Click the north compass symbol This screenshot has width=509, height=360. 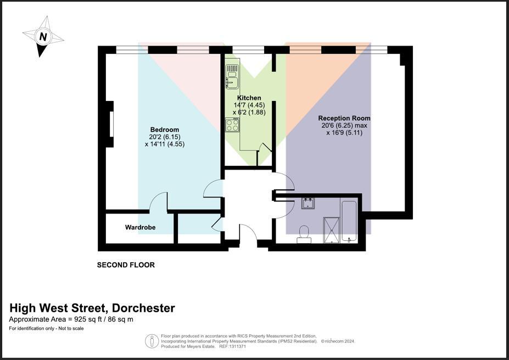[x=43, y=37]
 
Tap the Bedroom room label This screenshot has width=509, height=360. [x=164, y=130]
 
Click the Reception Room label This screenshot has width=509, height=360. [x=344, y=118]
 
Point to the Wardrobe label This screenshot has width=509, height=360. [x=140, y=227]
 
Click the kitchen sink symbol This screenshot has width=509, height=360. [x=231, y=76]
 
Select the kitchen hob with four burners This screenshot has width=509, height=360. [x=232, y=125]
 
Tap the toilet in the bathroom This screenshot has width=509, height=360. [x=303, y=234]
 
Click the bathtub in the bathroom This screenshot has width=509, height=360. [x=349, y=221]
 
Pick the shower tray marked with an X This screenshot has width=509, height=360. [x=331, y=229]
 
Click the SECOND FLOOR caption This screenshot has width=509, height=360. [x=126, y=265]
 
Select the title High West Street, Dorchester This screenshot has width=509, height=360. [x=92, y=308]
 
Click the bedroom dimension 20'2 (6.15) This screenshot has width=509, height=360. [x=164, y=137]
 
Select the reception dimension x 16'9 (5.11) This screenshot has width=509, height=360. [x=344, y=132]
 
